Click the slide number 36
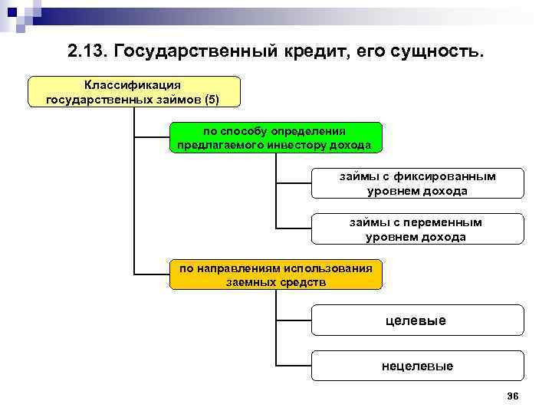pos(513,396)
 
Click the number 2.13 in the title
pos(87,52)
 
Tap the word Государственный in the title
pos(193,52)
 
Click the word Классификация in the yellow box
pos(133,85)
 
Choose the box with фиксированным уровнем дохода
pos(418,183)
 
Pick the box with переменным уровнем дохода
pos(418,229)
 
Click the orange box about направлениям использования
pos(275,274)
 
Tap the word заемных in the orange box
pos(250,282)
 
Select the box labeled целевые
pos(418,320)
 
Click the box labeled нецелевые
pos(418,366)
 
